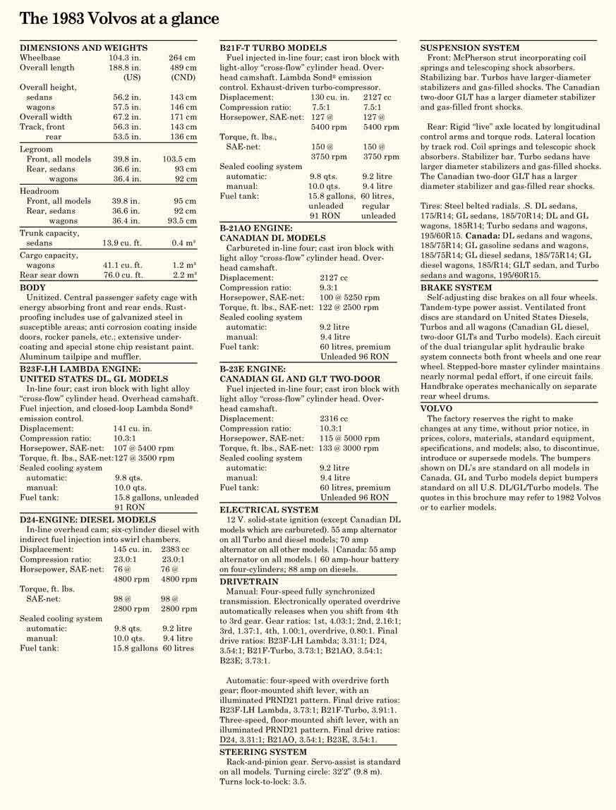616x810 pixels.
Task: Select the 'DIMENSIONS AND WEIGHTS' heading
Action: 83,47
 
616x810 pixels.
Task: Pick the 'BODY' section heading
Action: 32,288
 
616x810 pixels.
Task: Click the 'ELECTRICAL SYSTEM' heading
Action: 269,509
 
